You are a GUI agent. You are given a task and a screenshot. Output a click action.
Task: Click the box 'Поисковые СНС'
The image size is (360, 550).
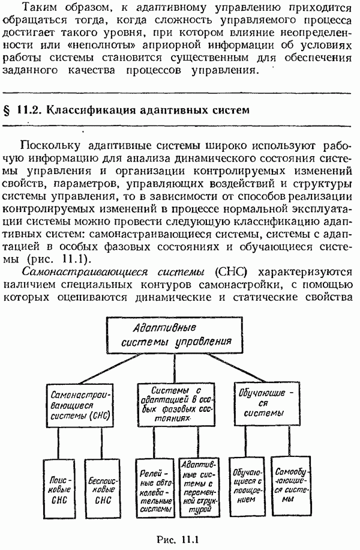click(x=59, y=488)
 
